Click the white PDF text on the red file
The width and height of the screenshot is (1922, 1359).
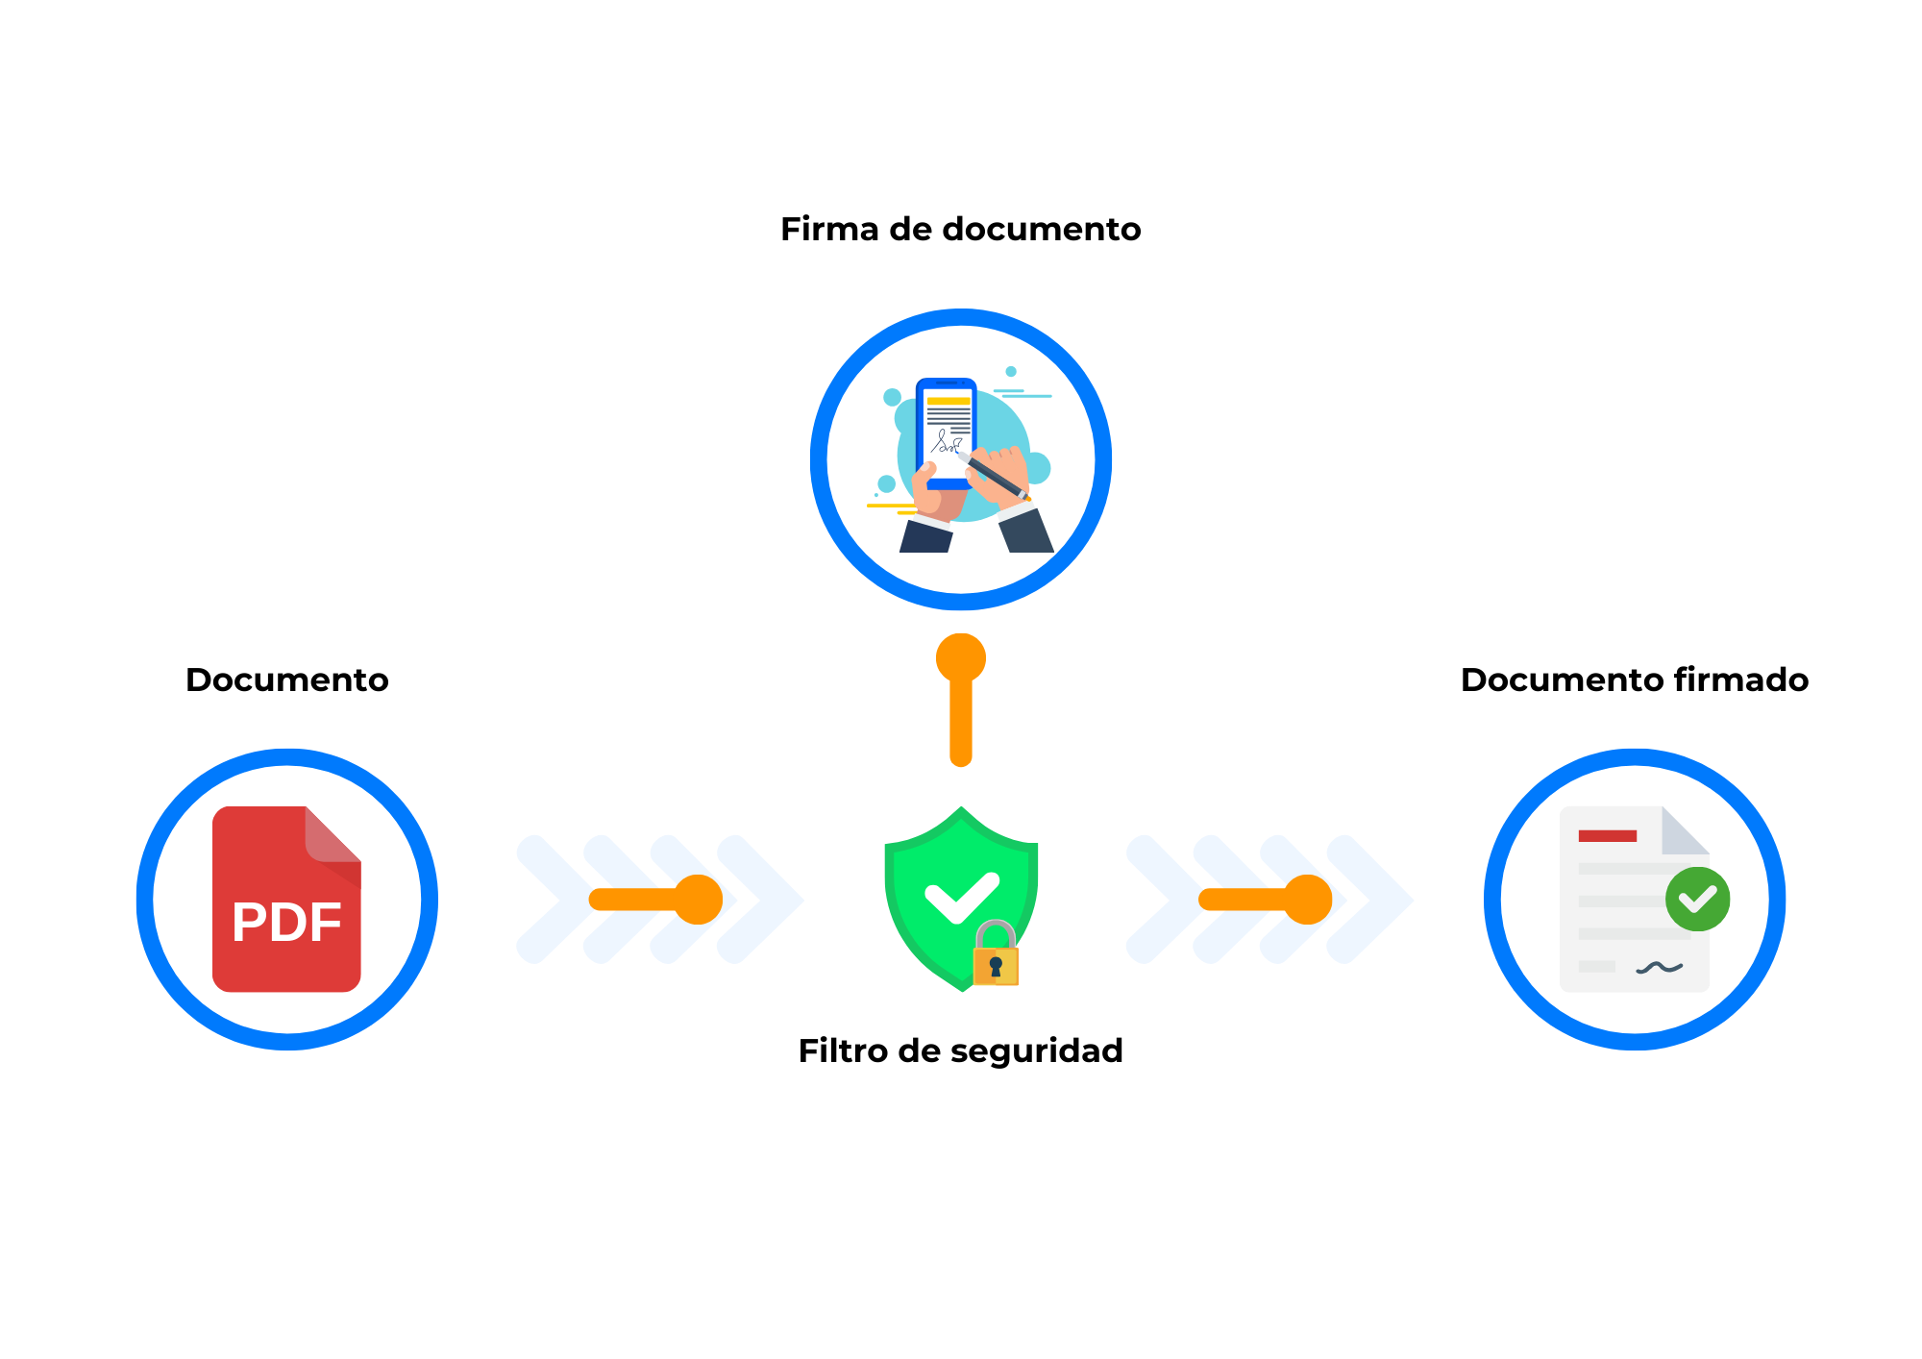[286, 922]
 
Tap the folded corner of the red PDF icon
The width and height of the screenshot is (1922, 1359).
[333, 835]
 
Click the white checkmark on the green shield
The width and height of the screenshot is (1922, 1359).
[961, 897]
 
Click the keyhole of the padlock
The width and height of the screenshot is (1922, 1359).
[996, 965]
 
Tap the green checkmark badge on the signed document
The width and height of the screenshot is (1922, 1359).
[1698, 899]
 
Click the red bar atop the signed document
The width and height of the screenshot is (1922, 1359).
[1607, 835]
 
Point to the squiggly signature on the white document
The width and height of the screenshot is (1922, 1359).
[1659, 967]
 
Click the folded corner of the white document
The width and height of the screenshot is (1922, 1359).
[1684, 831]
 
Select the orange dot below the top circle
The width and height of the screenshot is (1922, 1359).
[961, 658]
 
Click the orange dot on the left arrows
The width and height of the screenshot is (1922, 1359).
[699, 900]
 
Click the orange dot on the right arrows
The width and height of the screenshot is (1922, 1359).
[1308, 900]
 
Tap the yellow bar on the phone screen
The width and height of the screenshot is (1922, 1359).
[949, 401]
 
